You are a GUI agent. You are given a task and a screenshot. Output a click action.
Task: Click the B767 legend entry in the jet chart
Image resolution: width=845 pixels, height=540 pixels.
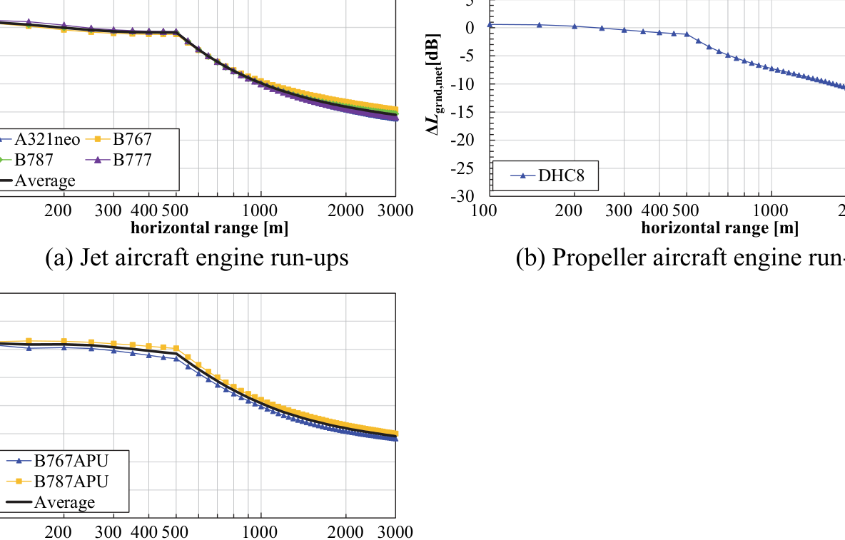click(x=132, y=139)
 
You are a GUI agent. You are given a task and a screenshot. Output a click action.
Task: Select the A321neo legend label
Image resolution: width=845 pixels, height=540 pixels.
click(x=47, y=139)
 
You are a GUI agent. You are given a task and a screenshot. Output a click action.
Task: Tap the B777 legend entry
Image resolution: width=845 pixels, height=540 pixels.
click(x=132, y=160)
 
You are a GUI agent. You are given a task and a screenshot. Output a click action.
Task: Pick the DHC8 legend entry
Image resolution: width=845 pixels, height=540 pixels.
click(x=561, y=176)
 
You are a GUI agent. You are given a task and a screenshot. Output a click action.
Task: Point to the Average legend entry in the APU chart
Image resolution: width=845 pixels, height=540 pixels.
click(x=64, y=502)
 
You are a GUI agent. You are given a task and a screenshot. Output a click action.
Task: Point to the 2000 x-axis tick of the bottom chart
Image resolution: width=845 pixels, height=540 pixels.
click(x=346, y=532)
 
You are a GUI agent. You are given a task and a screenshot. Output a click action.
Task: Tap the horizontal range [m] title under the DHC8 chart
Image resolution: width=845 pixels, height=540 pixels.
click(x=719, y=228)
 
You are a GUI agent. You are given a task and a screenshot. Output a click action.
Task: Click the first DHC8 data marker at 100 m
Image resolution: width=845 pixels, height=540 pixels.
click(x=490, y=24)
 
